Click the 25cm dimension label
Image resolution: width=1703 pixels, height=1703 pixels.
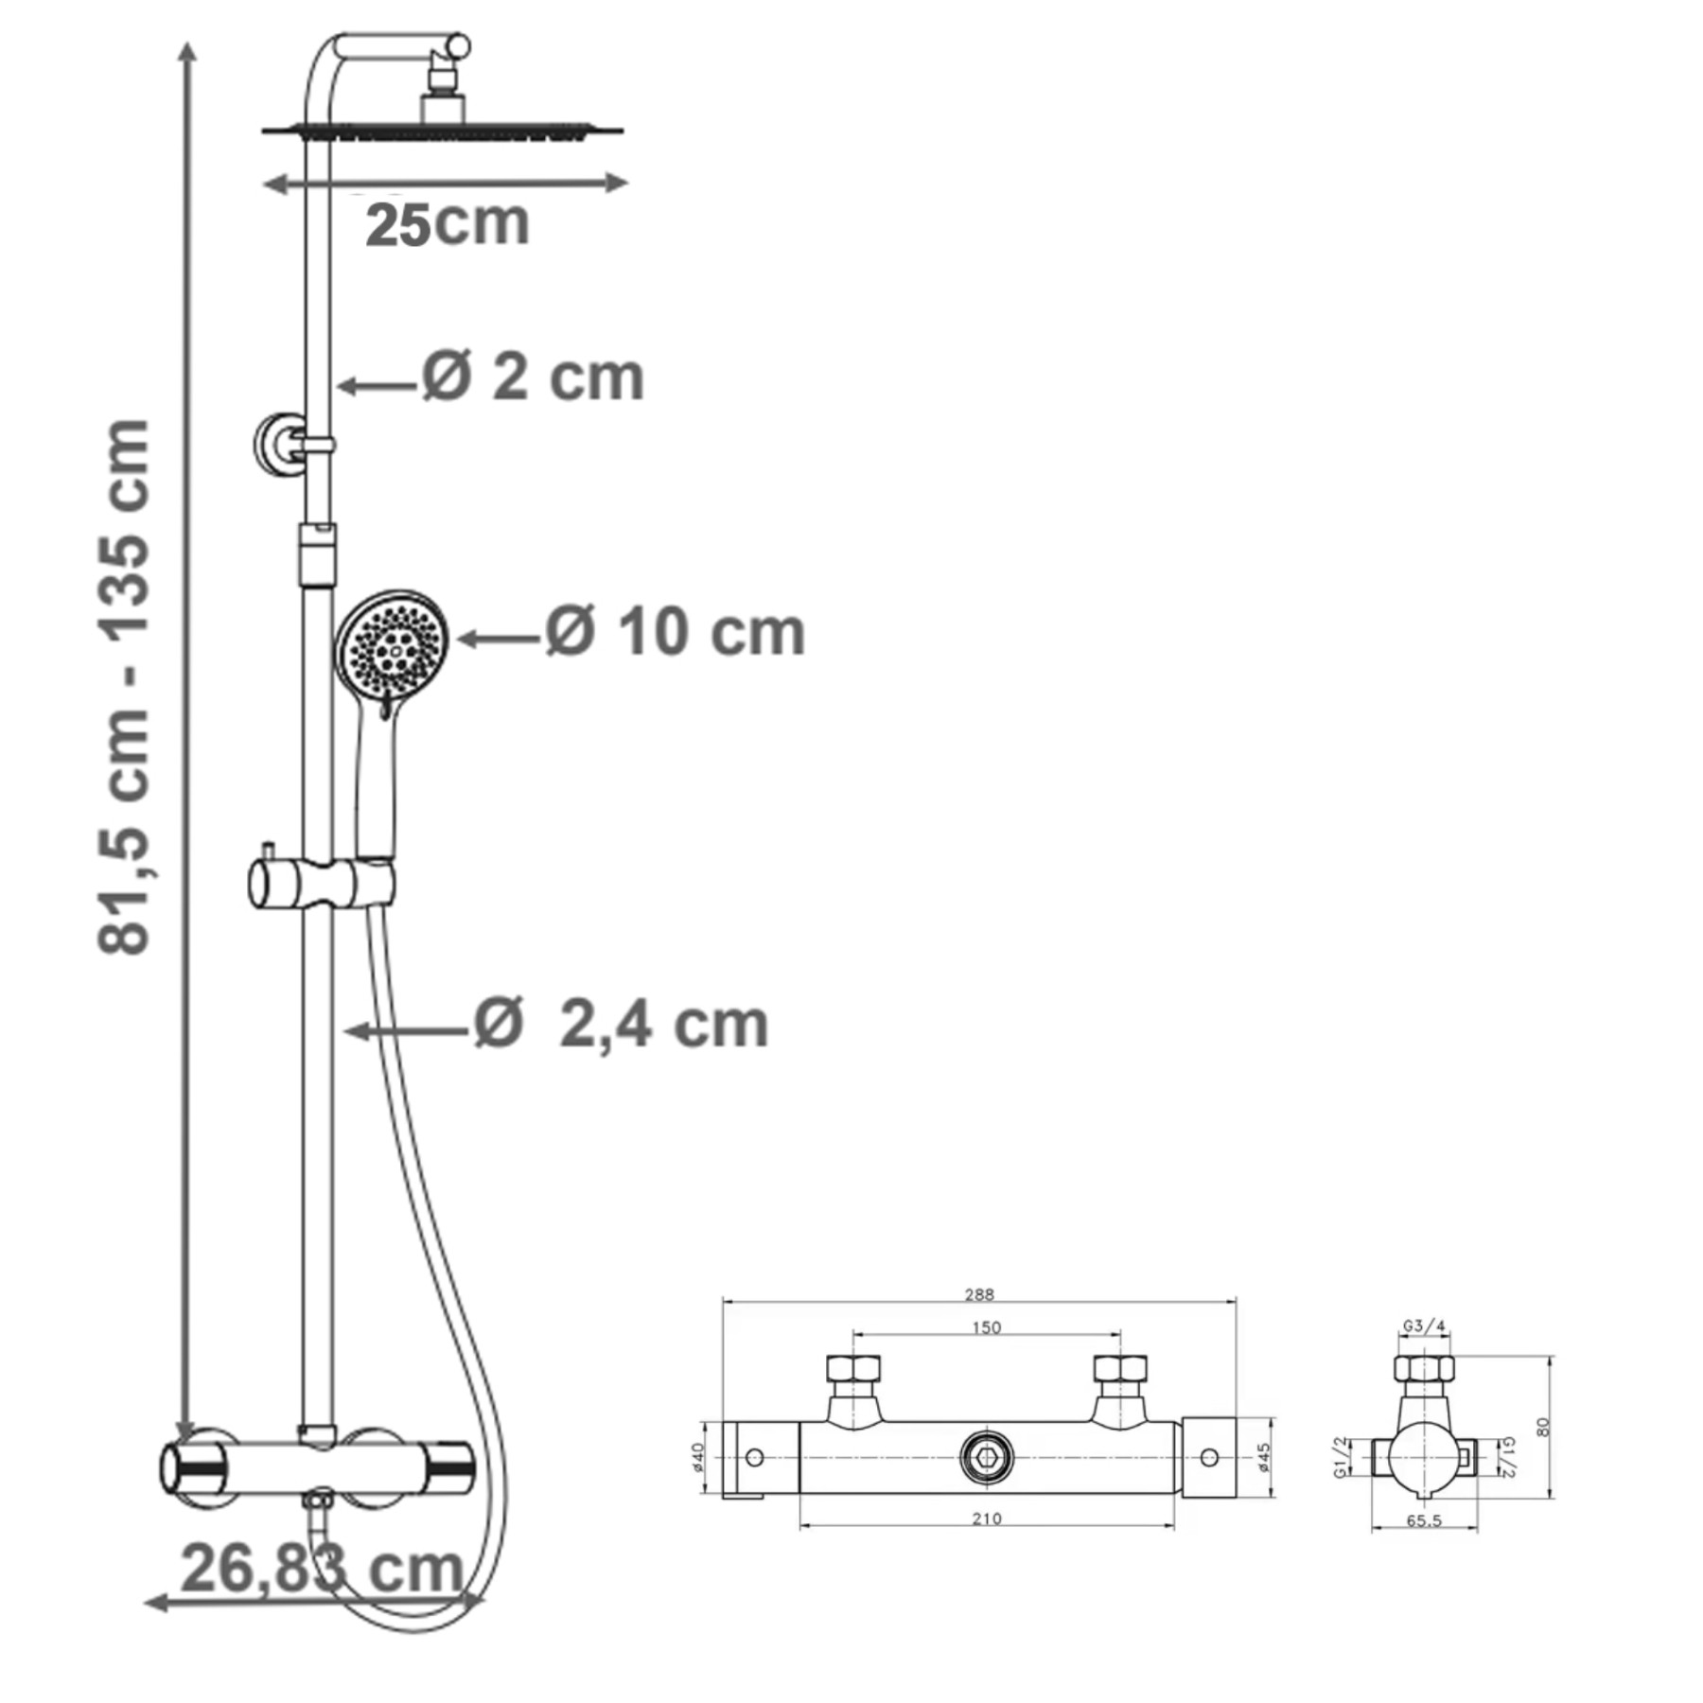coord(447,225)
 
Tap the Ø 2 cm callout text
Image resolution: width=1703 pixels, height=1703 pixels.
coord(533,377)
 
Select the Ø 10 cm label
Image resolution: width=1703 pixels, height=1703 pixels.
coord(675,632)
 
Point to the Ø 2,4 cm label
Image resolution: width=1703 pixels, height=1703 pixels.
coord(621,1025)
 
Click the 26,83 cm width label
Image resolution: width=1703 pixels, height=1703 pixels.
coord(322,1569)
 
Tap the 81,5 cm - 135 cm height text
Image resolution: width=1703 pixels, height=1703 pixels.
coord(125,686)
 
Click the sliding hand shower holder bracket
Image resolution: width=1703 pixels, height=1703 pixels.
coord(322,884)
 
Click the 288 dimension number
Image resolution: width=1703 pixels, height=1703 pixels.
coord(979,1294)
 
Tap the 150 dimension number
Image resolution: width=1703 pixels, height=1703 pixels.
coord(986,1327)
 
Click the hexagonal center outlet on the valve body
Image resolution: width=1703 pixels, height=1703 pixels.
coord(987,1457)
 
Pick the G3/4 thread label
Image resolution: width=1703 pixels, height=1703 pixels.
coord(1424,1326)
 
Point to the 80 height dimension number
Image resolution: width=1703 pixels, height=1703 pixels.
coord(1543,1427)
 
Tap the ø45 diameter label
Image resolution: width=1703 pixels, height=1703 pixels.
coord(1264,1458)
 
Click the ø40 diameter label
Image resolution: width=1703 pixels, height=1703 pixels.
coord(698,1458)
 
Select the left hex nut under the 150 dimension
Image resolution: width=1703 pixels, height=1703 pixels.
coord(852,1369)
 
